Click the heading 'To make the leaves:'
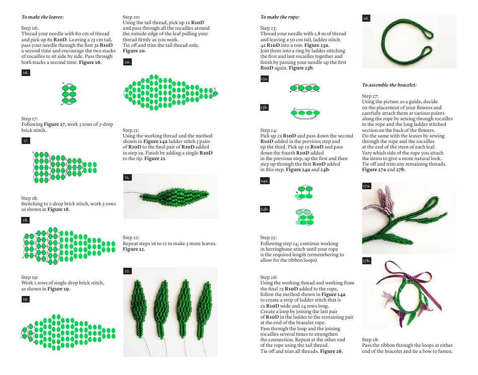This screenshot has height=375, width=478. [42, 17]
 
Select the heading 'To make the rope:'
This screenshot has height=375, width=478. [280, 17]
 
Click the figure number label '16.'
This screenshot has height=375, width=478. [26, 73]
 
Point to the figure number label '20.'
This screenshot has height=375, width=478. [127, 62]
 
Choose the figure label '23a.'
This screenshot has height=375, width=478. [265, 79]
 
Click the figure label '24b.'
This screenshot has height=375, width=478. [265, 208]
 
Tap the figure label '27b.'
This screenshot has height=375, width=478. [367, 261]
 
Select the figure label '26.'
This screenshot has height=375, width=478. [366, 19]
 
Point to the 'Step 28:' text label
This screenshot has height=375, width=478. [370, 340]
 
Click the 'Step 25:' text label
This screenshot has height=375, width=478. [269, 238]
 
